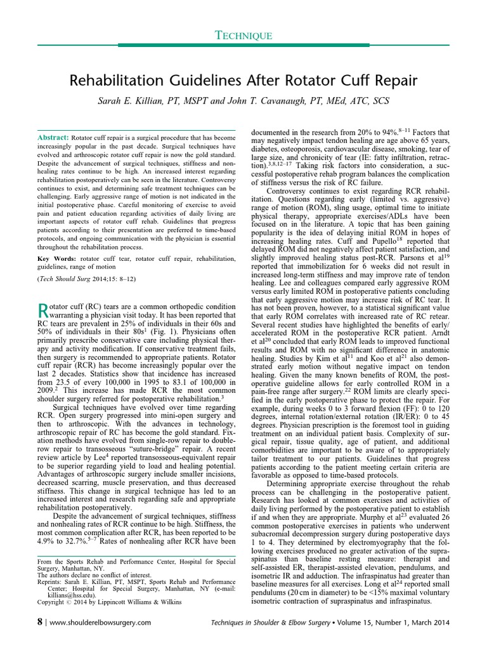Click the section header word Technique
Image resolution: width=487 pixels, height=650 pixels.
243,37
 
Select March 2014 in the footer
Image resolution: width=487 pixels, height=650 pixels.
433,623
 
